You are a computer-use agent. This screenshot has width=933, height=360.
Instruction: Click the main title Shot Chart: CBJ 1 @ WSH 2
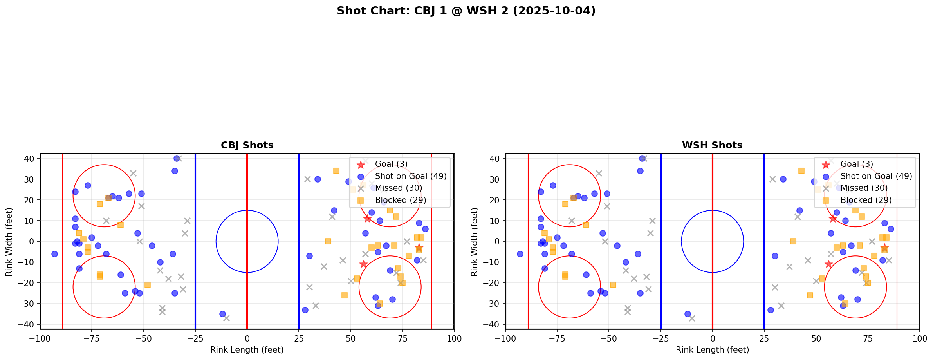click(x=466, y=11)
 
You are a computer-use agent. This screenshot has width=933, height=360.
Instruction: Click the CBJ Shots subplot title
click(x=247, y=145)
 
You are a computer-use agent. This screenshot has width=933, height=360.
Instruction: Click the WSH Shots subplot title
click(x=712, y=145)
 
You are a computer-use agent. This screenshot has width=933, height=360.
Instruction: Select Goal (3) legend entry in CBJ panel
click(x=391, y=164)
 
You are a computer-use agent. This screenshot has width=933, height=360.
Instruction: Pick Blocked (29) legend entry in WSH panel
click(x=866, y=200)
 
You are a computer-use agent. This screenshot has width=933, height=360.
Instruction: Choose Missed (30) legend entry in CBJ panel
click(x=398, y=188)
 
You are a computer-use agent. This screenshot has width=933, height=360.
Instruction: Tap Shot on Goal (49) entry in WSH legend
click(x=876, y=176)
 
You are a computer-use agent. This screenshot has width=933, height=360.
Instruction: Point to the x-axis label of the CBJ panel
click(x=247, y=350)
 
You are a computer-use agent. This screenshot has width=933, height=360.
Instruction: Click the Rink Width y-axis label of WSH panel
click(x=475, y=241)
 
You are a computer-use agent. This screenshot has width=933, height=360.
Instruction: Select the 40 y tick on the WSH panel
click(x=495, y=159)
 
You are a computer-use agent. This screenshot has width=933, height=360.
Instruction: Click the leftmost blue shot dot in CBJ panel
click(x=54, y=254)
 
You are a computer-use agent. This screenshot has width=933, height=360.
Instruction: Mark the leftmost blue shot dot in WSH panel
click(x=520, y=254)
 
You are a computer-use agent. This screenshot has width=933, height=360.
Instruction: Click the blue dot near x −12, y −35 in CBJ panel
click(x=222, y=314)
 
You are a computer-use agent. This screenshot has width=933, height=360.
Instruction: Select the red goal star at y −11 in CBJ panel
click(x=363, y=264)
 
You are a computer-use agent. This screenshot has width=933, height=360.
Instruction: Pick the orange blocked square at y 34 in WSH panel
click(x=801, y=171)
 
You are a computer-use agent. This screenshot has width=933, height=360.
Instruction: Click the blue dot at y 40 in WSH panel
click(x=642, y=159)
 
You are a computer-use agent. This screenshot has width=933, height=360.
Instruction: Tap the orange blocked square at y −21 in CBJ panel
click(x=148, y=285)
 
